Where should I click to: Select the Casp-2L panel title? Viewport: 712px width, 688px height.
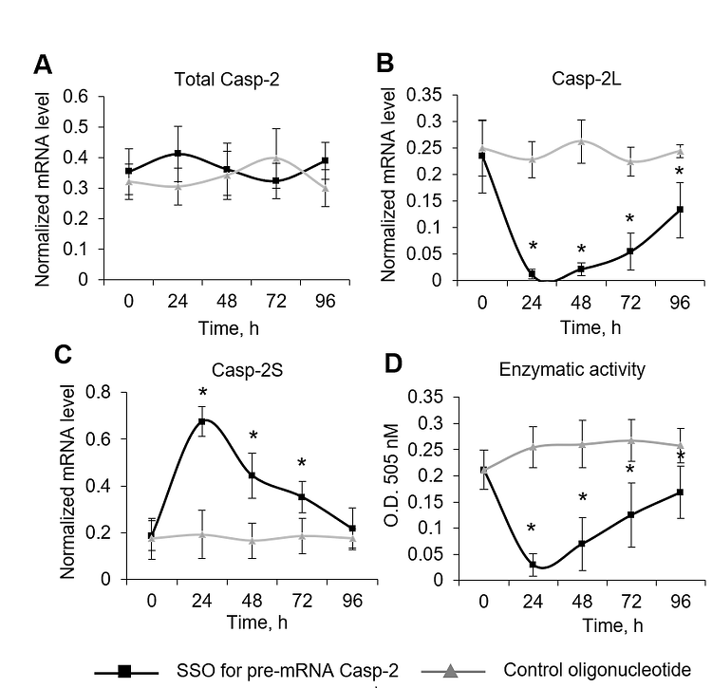tap(553, 80)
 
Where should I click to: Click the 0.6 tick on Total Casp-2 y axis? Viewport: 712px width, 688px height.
tap(75, 96)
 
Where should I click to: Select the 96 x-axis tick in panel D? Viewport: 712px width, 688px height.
tap(680, 602)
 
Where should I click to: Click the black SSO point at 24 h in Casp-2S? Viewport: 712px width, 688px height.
tap(200, 420)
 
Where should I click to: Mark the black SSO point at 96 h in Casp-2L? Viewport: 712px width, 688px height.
tap(680, 210)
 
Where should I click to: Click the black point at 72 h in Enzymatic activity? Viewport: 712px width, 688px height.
tap(630, 515)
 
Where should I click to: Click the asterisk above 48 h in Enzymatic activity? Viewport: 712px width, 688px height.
tap(584, 498)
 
